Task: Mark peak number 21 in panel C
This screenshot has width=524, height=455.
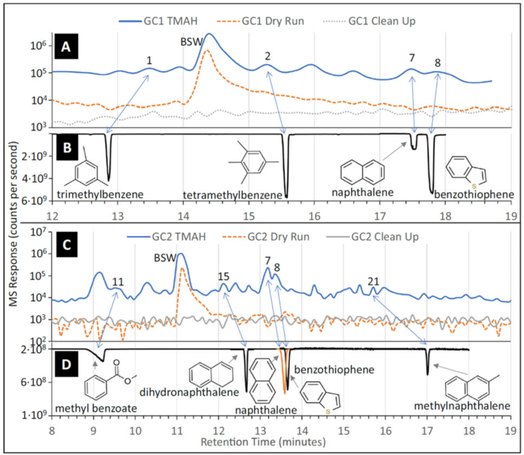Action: (373, 281)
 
